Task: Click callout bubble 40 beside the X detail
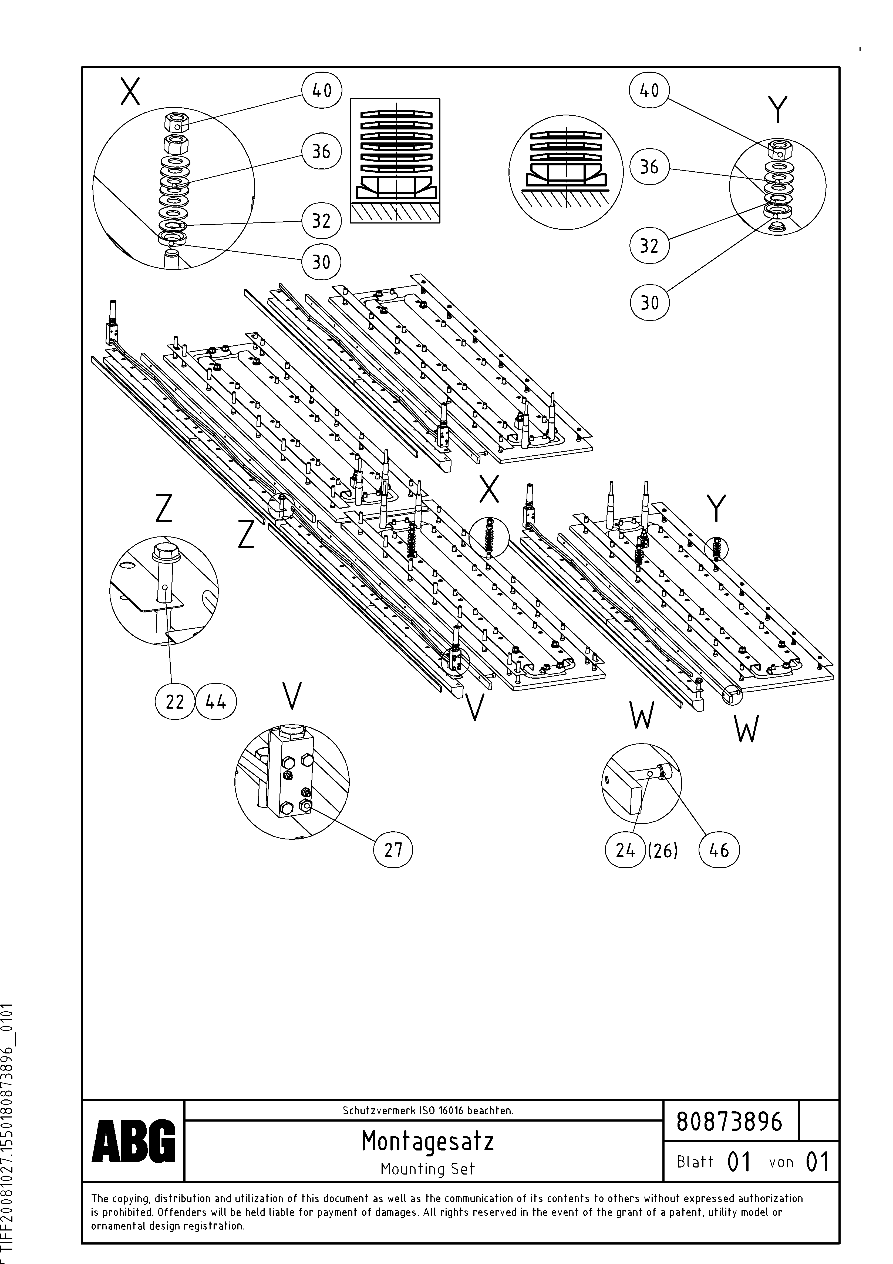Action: (x=322, y=90)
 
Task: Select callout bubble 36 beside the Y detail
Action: (x=649, y=167)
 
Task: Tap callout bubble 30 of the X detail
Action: (x=322, y=262)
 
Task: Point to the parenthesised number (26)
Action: (x=662, y=851)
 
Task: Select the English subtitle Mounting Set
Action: (x=427, y=1169)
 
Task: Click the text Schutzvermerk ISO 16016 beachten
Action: (x=427, y=1110)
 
